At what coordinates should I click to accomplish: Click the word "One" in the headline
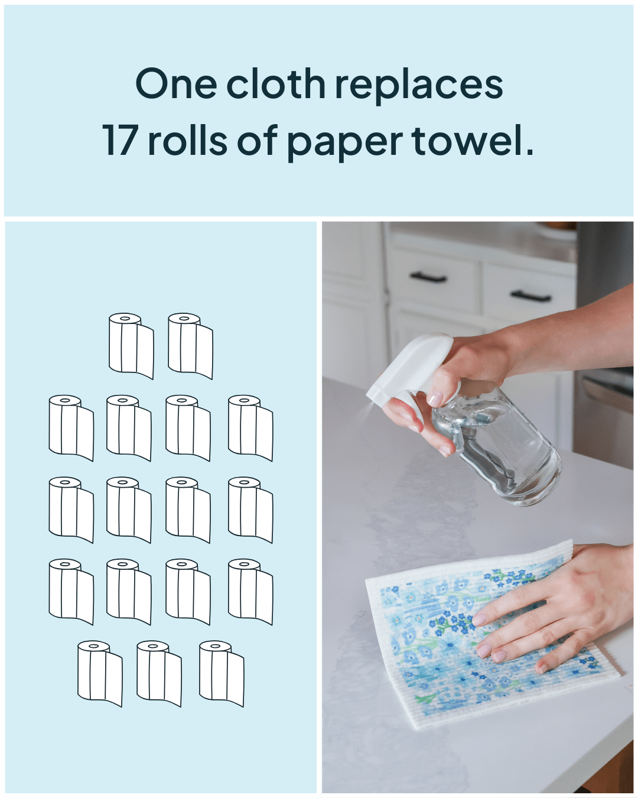[176, 84]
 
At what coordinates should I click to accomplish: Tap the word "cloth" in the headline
[275, 84]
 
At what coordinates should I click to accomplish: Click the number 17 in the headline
[121, 141]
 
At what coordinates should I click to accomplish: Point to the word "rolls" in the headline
[187, 141]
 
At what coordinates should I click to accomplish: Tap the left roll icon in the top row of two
[131, 346]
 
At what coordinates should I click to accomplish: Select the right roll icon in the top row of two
[190, 346]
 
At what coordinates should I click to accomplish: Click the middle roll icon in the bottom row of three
[159, 674]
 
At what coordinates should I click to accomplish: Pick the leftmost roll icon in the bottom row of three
[100, 674]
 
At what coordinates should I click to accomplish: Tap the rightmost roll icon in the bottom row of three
[222, 674]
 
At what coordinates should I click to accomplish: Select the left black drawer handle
[428, 277]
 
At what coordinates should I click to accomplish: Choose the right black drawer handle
[530, 296]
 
